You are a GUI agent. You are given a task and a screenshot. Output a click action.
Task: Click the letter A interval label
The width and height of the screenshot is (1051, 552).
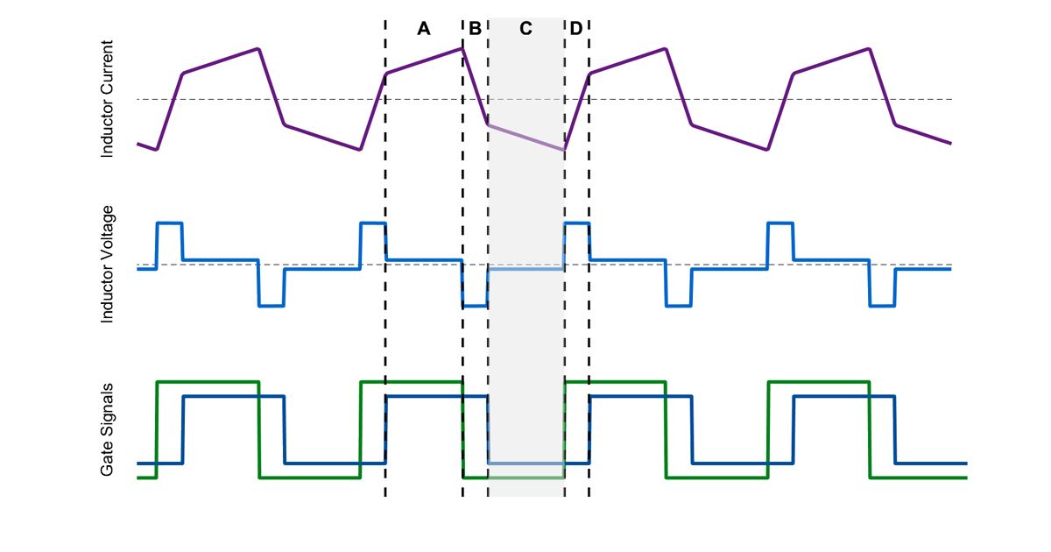point(424,29)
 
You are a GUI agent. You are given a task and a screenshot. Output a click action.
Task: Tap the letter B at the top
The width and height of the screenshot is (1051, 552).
point(475,29)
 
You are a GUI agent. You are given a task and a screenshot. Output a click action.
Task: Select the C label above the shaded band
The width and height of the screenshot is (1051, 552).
point(525,29)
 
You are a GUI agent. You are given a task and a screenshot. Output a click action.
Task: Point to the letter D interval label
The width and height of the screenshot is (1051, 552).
point(575,29)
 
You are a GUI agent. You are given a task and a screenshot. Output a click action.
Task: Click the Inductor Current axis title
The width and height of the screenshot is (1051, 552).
point(108,99)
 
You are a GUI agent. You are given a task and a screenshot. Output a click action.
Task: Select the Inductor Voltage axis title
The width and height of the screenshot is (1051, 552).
point(108,264)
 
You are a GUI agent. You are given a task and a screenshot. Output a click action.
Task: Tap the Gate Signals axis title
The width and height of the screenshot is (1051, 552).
point(108,429)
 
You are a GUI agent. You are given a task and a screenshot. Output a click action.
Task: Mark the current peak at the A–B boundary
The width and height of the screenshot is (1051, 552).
point(462,48)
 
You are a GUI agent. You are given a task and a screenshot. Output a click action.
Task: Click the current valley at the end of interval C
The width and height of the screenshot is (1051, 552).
point(564,150)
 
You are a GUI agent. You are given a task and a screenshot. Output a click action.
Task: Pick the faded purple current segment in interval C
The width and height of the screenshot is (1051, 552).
point(525,138)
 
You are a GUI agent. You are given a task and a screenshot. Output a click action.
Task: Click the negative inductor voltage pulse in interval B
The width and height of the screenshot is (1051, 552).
point(475,306)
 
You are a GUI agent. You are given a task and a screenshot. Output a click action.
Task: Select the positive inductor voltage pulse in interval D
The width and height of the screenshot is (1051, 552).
point(576,223)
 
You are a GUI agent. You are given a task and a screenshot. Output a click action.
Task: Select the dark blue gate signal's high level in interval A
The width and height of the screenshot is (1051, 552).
point(424,397)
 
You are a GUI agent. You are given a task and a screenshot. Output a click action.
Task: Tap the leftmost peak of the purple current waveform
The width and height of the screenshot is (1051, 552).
point(257,48)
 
